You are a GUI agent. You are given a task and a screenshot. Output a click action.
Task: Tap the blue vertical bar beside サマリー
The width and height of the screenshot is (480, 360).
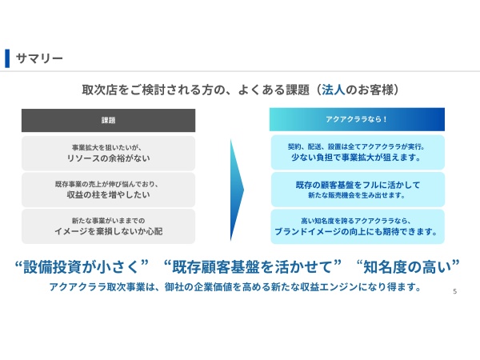[7, 58]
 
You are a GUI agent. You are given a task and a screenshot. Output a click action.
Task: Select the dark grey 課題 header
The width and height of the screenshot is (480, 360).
[108, 120]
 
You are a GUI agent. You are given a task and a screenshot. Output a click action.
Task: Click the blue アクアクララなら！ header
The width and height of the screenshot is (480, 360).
[356, 120]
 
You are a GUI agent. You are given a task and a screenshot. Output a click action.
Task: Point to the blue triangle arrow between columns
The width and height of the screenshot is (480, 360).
[237, 189]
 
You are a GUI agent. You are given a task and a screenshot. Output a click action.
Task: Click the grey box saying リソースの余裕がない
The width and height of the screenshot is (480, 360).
[108, 153]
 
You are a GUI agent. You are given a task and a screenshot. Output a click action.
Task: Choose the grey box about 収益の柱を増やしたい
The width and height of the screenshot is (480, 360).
[108, 190]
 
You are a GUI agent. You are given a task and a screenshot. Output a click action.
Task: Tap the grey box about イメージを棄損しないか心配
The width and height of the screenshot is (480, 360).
[108, 226]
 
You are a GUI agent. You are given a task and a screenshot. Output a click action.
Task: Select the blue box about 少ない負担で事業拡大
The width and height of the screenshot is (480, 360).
[356, 153]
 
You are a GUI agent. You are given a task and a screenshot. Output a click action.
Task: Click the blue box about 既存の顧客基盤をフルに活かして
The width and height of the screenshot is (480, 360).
[356, 190]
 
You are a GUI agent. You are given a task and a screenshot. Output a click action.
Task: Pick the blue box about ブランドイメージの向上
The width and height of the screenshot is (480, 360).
[356, 226]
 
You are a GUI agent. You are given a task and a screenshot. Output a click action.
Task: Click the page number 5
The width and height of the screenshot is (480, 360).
[454, 291]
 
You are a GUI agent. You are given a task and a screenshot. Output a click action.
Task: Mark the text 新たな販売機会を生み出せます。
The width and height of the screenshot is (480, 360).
[356, 195]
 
